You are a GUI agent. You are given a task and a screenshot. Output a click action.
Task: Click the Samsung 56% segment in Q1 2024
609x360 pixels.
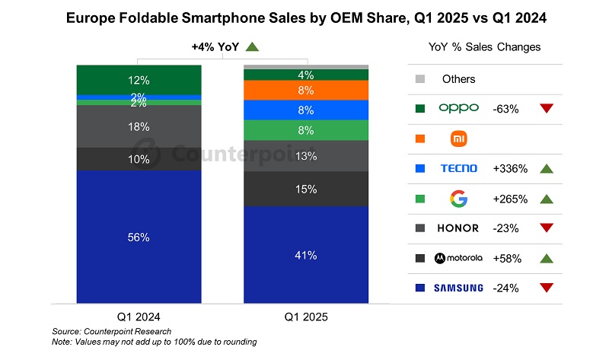click(139, 237)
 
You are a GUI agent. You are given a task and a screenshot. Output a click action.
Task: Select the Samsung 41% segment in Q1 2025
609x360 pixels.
click(305, 255)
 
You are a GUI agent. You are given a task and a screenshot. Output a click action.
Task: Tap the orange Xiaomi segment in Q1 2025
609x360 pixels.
click(305, 90)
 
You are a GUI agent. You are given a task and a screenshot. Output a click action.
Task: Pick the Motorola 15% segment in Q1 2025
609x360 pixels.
click(305, 189)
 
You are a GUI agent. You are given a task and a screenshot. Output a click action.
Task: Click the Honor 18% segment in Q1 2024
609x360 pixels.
click(139, 126)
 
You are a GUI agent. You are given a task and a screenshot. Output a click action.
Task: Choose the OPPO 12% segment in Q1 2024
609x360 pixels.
click(139, 80)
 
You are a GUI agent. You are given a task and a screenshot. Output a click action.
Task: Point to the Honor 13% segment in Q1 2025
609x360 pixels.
click(305, 156)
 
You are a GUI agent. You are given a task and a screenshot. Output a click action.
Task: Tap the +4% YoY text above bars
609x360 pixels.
click(215, 47)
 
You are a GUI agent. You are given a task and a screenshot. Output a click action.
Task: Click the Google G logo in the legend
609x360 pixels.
click(458, 199)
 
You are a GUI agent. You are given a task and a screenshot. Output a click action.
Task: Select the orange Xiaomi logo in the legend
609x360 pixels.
click(458, 139)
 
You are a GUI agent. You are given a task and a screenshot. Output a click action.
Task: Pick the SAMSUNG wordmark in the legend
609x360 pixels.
click(458, 288)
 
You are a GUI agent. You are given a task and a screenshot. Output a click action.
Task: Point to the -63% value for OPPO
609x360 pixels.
click(505, 109)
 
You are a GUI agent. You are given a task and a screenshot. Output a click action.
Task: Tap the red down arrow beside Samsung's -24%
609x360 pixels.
click(545, 288)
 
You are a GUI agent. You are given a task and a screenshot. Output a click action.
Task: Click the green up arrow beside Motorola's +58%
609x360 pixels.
click(545, 258)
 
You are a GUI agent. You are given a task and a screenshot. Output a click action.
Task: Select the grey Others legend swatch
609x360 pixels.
click(419, 79)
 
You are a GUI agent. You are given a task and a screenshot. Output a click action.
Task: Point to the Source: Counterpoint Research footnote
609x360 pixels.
click(112, 331)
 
